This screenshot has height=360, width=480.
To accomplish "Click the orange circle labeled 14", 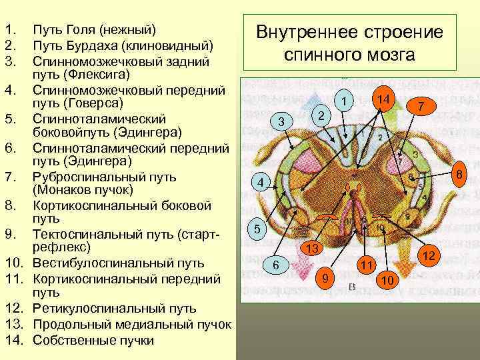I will pyautogui.click(x=383, y=99).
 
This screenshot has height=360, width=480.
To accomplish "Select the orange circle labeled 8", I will pyautogui.click(x=458, y=175).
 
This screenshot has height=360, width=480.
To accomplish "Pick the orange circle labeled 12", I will pyautogui.click(x=429, y=256).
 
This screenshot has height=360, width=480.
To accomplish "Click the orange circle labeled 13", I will pyautogui.click(x=311, y=248).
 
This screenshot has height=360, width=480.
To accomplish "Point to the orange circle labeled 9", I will pyautogui.click(x=325, y=277).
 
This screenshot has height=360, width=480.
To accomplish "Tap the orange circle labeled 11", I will pyautogui.click(x=366, y=265).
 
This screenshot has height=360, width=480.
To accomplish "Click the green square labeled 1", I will pyautogui.click(x=343, y=101).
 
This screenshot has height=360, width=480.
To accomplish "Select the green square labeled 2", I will pyautogui.click(x=321, y=115).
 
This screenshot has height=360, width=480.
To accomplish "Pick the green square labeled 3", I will pyautogui.click(x=281, y=122).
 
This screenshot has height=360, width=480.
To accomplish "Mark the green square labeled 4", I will pyautogui.click(x=261, y=183).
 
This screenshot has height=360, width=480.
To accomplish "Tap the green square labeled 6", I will pyautogui.click(x=275, y=266).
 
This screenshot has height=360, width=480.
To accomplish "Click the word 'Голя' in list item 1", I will pyautogui.click(x=78, y=31).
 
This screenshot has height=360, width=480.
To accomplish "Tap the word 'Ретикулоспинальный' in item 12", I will pyautogui.click(x=91, y=308).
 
